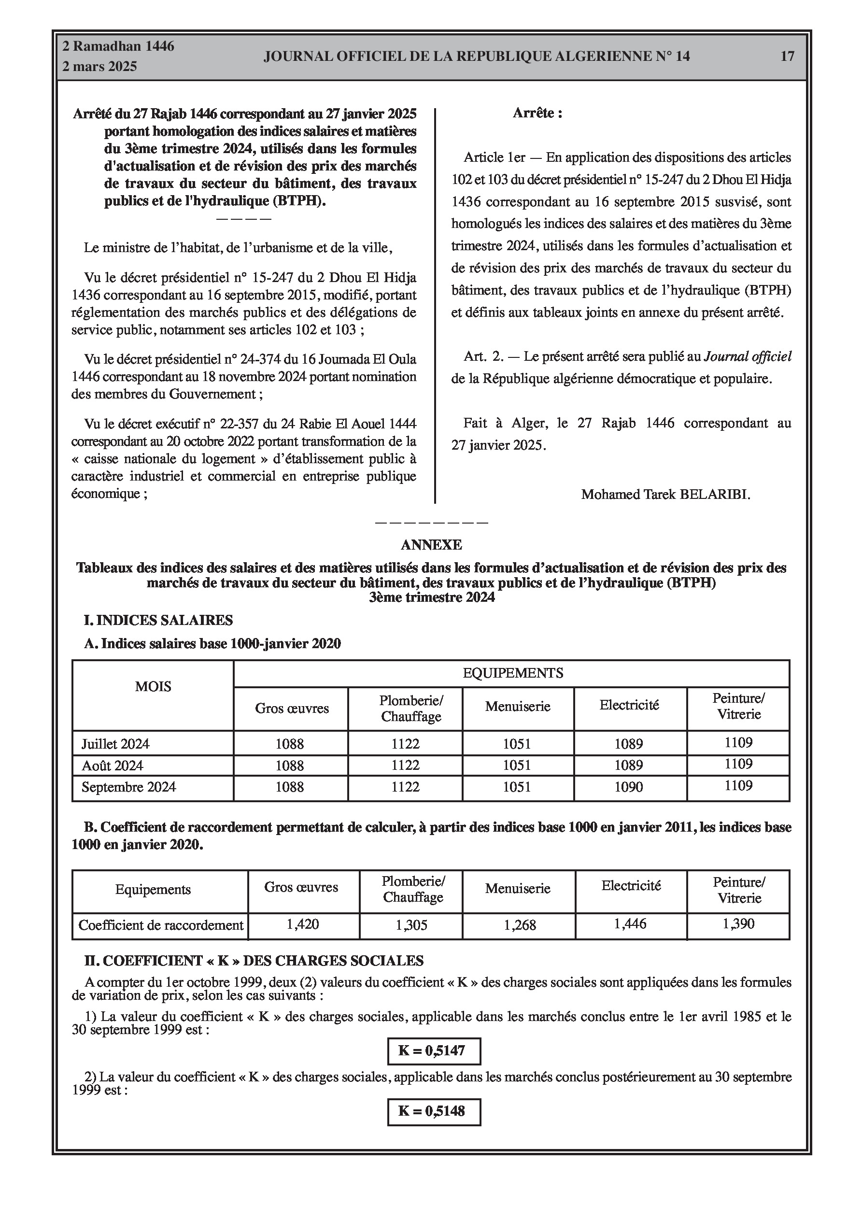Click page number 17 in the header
[787, 57]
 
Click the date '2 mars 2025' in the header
[99, 67]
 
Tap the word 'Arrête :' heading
[537, 113]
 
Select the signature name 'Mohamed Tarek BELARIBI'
[665, 494]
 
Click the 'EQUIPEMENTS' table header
[512, 673]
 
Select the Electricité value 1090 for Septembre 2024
[629, 787]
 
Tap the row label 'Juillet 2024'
[115, 744]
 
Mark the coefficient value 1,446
[630, 923]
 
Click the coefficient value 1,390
[738, 923]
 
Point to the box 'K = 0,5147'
[434, 1050]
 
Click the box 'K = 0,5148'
[434, 1111]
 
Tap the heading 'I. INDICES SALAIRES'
[158, 620]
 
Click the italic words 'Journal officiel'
[747, 356]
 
